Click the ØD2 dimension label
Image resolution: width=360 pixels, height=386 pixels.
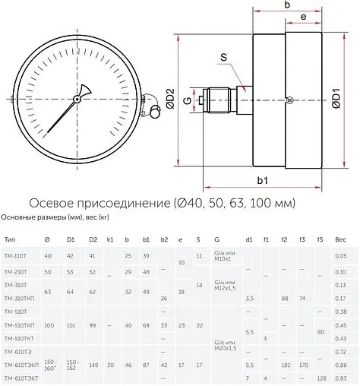(171, 97)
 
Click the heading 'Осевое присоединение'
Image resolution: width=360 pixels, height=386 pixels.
(99, 204)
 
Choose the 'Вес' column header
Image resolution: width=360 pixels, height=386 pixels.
(341, 239)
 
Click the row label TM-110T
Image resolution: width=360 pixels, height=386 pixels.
(14, 256)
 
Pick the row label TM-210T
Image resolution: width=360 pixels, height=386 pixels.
(14, 271)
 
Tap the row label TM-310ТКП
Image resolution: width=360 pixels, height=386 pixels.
(18, 299)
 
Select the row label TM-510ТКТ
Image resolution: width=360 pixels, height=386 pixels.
(18, 338)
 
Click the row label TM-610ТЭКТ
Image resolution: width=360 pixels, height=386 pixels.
(20, 378)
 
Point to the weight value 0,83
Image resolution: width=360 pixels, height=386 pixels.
(341, 378)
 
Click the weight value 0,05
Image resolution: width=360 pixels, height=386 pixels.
(341, 256)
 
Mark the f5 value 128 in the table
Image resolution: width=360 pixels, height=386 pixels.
(321, 378)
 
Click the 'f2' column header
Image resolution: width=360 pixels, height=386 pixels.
(284, 239)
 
